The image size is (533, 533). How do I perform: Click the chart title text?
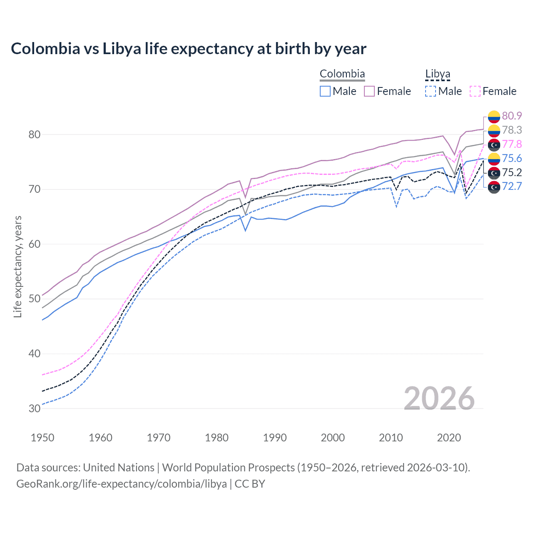(x=188, y=49)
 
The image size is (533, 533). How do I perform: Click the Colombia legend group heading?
(x=342, y=74)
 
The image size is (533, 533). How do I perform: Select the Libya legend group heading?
(x=437, y=74)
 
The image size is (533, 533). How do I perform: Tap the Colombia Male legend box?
(x=325, y=91)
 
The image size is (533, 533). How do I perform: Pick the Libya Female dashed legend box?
(x=475, y=91)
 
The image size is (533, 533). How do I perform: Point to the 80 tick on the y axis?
(x=35, y=134)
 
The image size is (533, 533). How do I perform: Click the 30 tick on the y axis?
(x=35, y=408)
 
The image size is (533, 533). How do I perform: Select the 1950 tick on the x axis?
(x=42, y=438)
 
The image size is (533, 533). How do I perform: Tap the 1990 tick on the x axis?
(x=274, y=438)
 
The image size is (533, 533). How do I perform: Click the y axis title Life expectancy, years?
(x=18, y=266)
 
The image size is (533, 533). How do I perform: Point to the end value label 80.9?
(x=512, y=116)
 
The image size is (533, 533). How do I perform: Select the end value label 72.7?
(x=512, y=186)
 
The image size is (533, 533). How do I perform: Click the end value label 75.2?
(x=512, y=172)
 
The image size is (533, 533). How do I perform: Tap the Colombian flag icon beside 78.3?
(x=494, y=130)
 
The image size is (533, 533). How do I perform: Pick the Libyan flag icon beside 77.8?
(x=494, y=144)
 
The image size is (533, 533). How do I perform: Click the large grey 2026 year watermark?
(x=439, y=399)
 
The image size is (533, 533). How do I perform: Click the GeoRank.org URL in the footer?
(x=121, y=484)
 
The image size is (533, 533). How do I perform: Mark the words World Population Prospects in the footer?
(x=228, y=468)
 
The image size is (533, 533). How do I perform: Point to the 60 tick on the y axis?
(x=35, y=244)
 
